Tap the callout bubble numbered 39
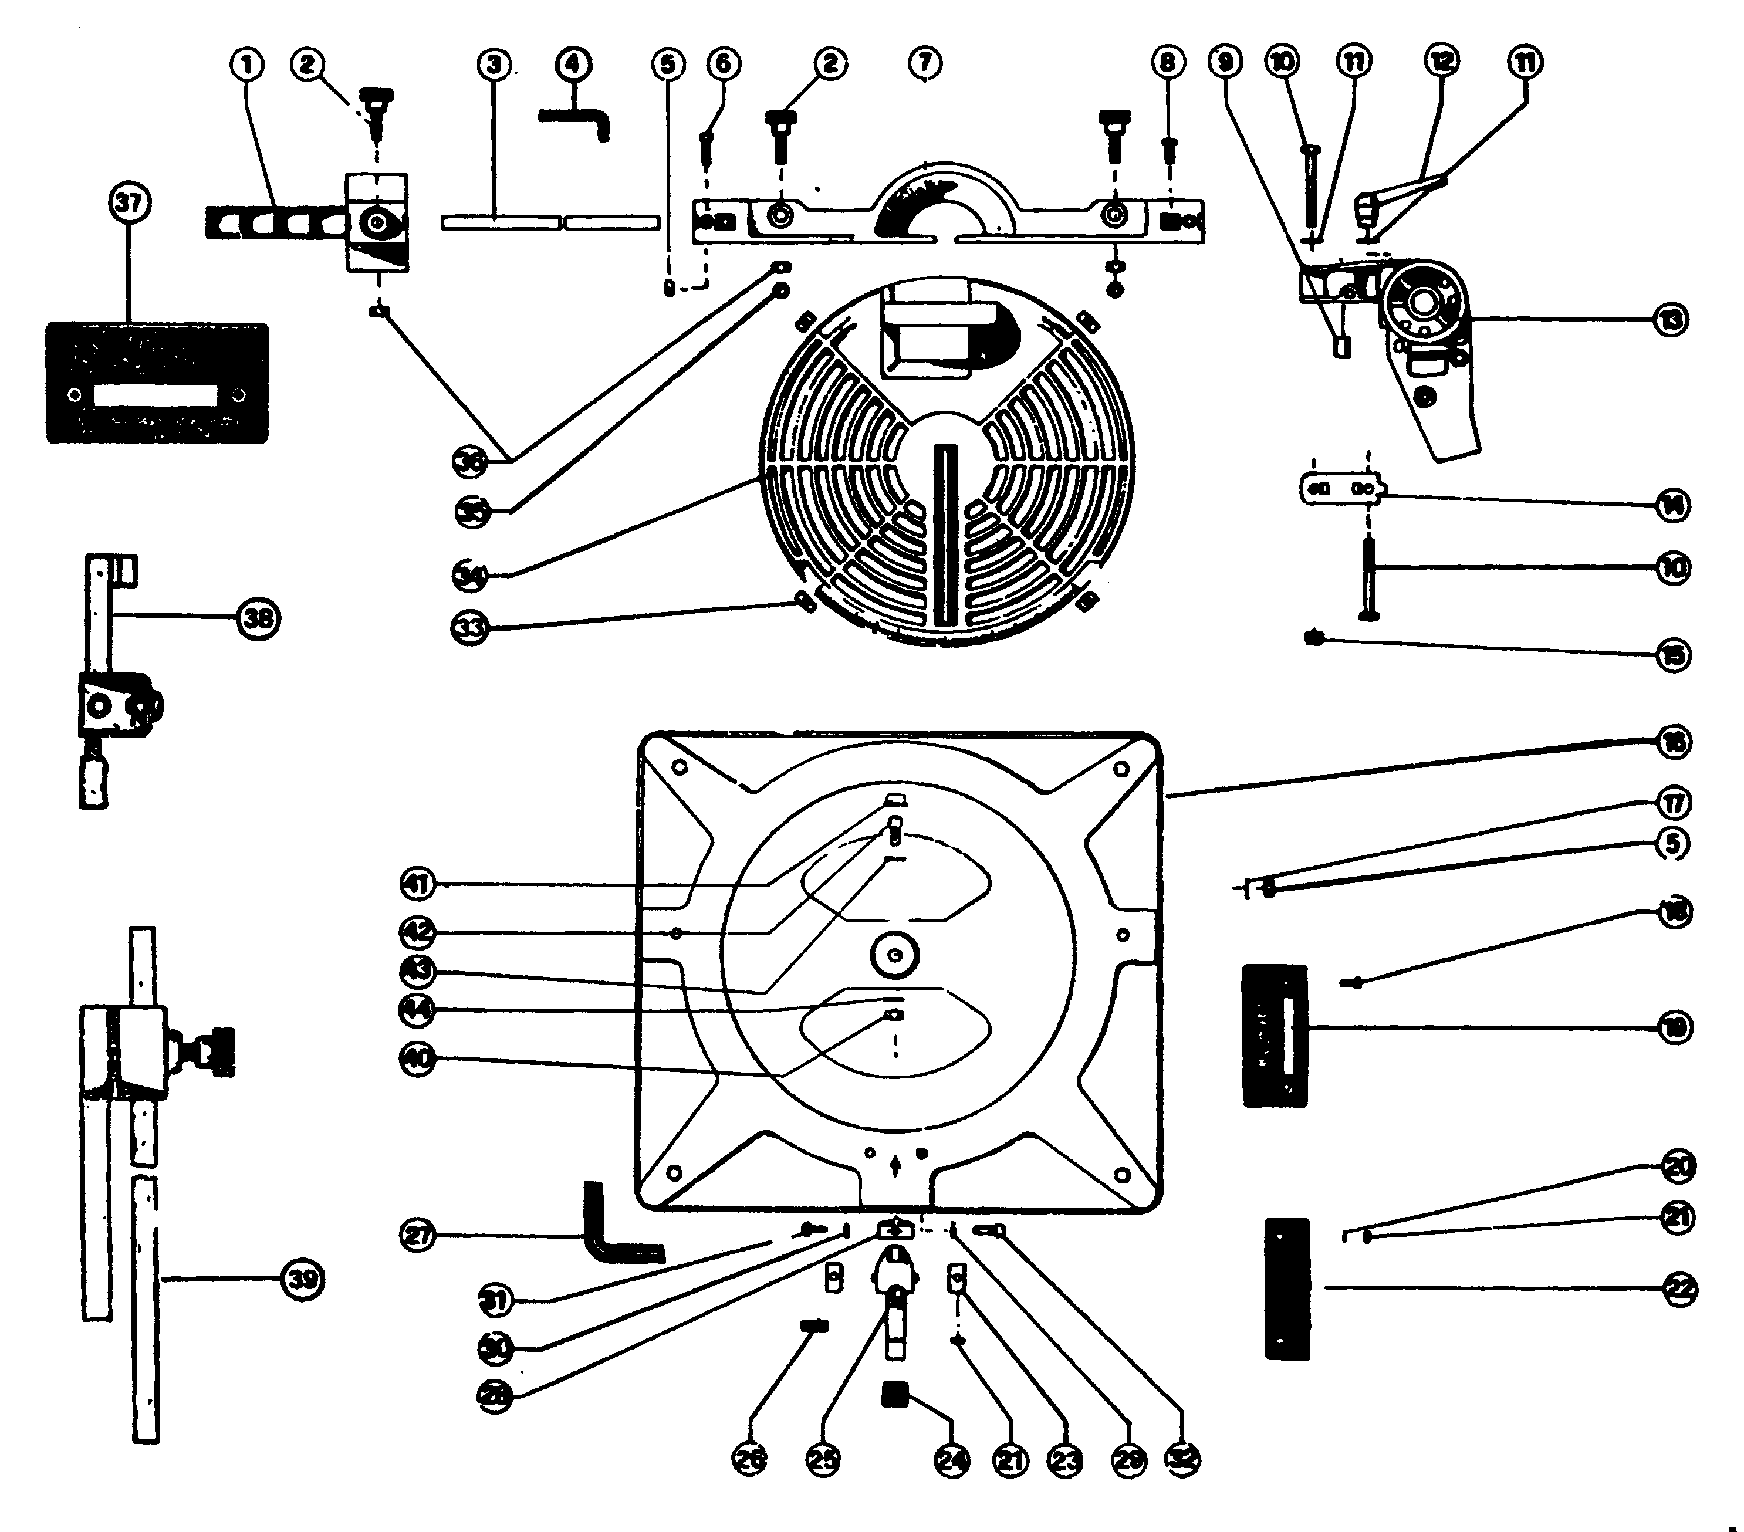point(303,1280)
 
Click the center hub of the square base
point(894,955)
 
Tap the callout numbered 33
point(469,628)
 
